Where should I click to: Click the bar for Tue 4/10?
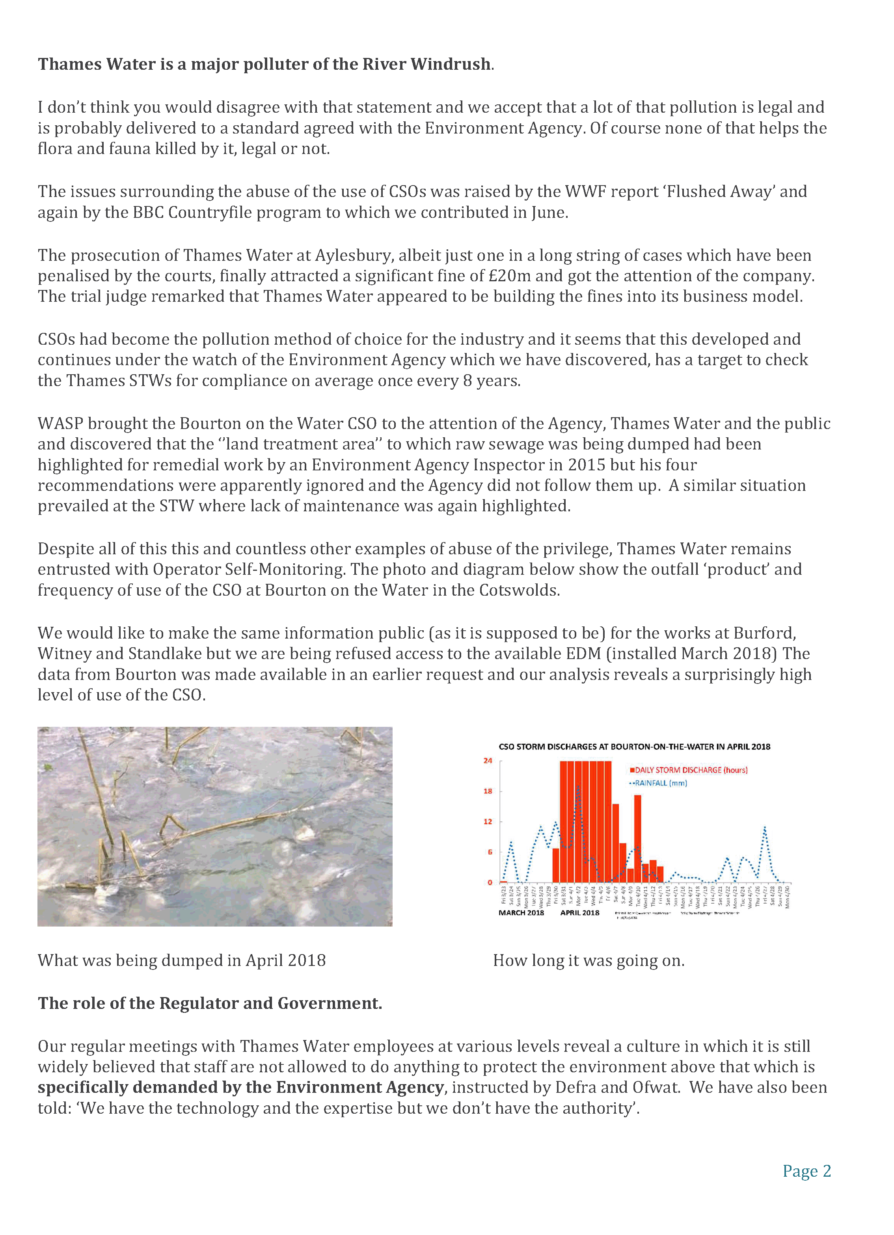[637, 839]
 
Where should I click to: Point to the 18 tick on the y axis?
[488, 791]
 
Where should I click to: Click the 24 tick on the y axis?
[488, 761]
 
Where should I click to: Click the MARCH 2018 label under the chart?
[521, 913]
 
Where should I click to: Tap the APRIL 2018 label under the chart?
[580, 913]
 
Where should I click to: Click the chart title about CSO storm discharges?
[634, 747]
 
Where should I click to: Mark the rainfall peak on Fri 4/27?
[765, 828]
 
